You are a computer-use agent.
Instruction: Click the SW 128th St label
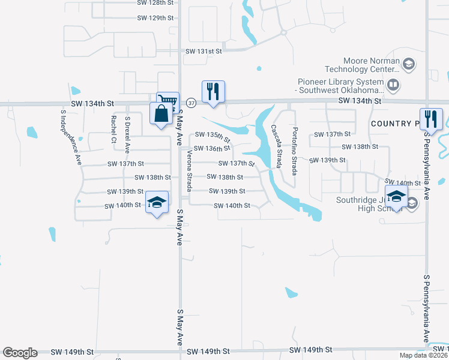pos(155,2)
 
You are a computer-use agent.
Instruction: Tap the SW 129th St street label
pos(155,18)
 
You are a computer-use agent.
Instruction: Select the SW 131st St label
pos(203,52)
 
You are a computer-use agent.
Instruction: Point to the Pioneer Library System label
pos(340,86)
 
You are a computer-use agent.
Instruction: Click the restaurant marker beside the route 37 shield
pos(213,91)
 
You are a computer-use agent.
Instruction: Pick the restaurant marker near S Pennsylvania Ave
pos(431,118)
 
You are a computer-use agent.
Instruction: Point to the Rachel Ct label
pos(113,129)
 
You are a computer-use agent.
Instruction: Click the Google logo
pos(20,353)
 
